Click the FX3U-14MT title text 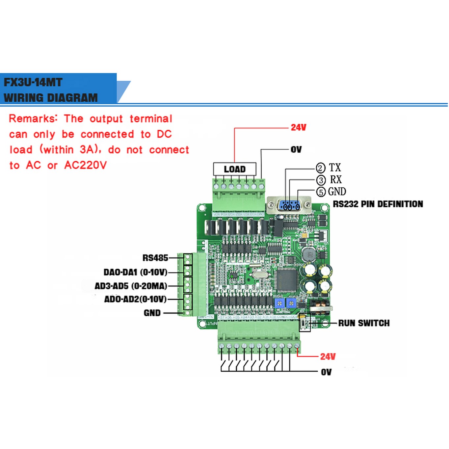(33, 82)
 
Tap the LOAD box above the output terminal (234, 169)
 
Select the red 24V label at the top (298, 127)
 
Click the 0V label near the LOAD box (296, 150)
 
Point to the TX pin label (335, 168)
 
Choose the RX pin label (336, 180)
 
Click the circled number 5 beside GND (321, 192)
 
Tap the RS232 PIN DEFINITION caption (378, 204)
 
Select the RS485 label (155, 258)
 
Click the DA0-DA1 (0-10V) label (135, 272)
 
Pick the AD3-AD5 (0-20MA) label (131, 286)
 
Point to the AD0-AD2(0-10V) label (135, 299)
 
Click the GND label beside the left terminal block (152, 313)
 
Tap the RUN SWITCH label (364, 323)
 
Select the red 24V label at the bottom (328, 357)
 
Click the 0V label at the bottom (326, 372)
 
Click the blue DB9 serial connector (289, 205)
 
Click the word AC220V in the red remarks (85, 165)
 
